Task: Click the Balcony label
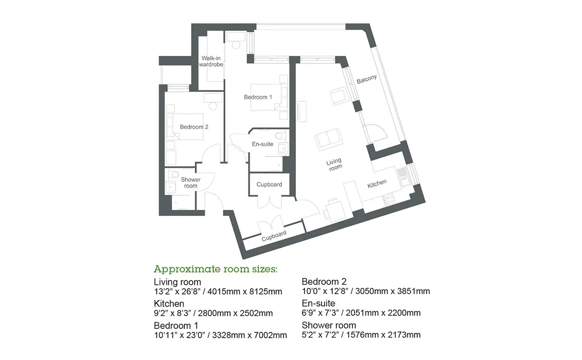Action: (x=367, y=79)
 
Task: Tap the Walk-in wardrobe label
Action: (x=211, y=61)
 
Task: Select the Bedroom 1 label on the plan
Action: (x=258, y=97)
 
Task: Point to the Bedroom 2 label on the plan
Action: (x=194, y=127)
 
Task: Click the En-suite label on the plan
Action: (x=262, y=144)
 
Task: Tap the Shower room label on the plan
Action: (x=191, y=182)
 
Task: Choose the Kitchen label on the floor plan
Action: (x=377, y=184)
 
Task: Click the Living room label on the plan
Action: (x=334, y=165)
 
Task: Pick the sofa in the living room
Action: (x=328, y=139)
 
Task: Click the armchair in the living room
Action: (x=339, y=96)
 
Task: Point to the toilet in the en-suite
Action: (x=279, y=136)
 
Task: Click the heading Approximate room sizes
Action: (x=215, y=269)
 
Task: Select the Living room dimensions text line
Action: (x=218, y=292)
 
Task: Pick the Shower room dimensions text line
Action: (x=361, y=335)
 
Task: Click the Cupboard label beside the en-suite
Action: (x=269, y=184)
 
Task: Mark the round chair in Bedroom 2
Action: (x=213, y=106)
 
